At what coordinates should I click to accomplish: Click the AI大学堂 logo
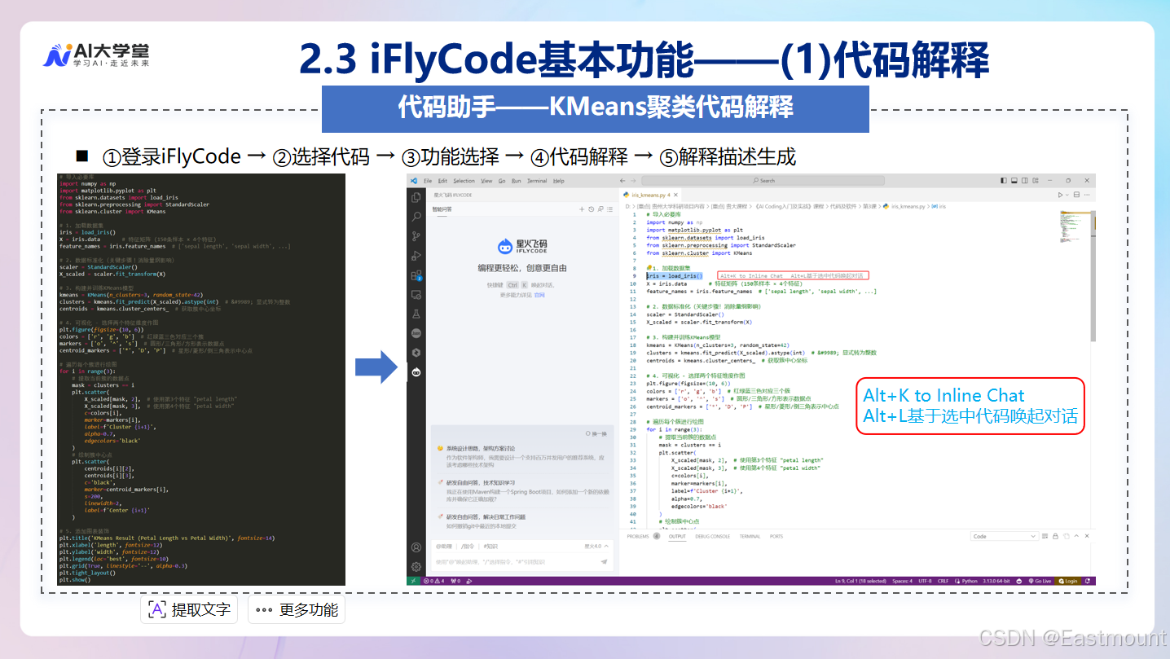coord(95,55)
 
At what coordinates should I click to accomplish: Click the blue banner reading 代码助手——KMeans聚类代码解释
coord(595,108)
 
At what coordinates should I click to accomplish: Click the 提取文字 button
coord(189,609)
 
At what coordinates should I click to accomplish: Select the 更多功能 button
coord(297,609)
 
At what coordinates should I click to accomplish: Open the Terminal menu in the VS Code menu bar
coord(537,181)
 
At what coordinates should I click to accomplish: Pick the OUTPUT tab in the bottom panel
coord(677,536)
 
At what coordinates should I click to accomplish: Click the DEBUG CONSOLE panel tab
coord(713,536)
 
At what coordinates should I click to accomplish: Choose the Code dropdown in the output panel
coord(1005,536)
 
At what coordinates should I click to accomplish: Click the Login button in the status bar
coord(1068,581)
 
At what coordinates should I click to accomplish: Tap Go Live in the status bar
coord(1040,581)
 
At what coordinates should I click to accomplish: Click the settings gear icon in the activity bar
coord(416,566)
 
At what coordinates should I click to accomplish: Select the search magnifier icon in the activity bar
coord(416,217)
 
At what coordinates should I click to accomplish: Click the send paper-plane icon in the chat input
coord(604,561)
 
